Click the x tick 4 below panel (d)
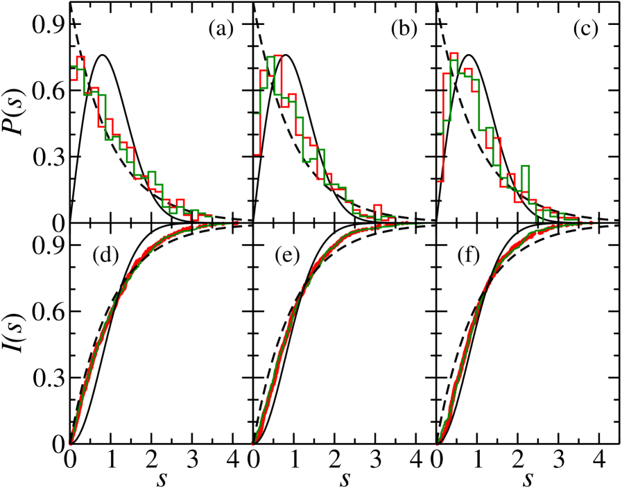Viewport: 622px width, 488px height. coord(233,458)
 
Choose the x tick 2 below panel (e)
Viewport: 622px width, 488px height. coord(335,458)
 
